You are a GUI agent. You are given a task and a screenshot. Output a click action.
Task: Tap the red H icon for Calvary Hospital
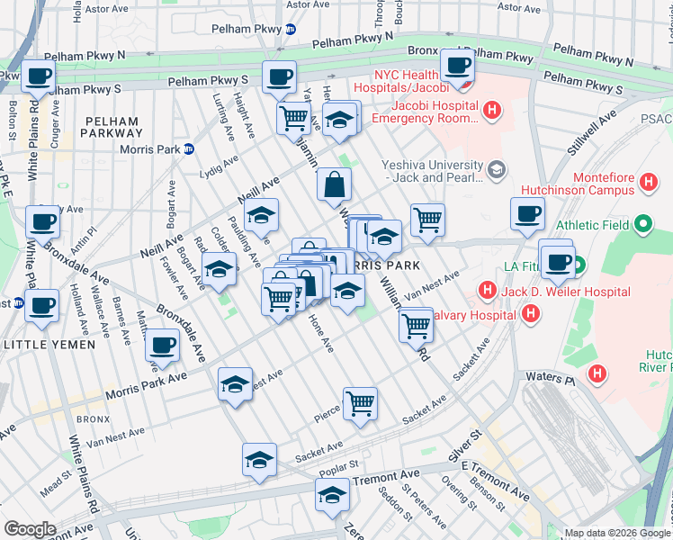click(531, 313)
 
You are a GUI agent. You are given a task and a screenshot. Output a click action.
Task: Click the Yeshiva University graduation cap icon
click(495, 170)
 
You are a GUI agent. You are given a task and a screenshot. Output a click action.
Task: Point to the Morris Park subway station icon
click(189, 149)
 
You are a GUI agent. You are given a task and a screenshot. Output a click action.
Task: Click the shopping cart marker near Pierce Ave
click(360, 403)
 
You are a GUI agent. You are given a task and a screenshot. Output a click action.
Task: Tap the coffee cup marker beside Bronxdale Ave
click(162, 345)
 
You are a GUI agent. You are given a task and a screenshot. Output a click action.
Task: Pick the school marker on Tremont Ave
click(332, 495)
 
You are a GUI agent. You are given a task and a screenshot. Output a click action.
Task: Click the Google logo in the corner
click(30, 528)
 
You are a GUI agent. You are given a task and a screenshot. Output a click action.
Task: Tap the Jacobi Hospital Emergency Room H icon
click(491, 111)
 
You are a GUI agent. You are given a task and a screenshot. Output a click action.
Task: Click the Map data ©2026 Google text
click(616, 533)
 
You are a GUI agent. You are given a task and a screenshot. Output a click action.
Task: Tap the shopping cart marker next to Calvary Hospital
click(416, 326)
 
